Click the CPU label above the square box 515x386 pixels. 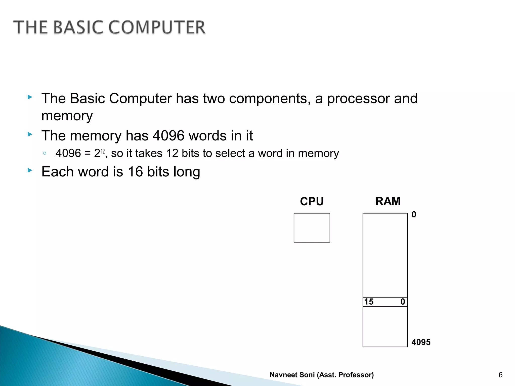pos(312,202)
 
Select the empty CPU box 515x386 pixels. pos(312,228)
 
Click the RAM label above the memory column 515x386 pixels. pos(388,201)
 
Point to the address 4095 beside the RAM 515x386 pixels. pos(421,342)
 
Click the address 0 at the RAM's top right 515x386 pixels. pos(414,215)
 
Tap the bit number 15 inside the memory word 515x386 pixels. pos(369,302)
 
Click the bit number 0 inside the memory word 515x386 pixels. pos(403,302)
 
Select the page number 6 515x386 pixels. pos(500,375)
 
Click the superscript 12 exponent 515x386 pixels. pos(103,151)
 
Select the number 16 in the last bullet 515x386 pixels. pos(135,172)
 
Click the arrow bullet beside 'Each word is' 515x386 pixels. pos(30,170)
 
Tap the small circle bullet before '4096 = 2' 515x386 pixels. pos(45,153)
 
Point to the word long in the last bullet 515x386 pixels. pos(187,172)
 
